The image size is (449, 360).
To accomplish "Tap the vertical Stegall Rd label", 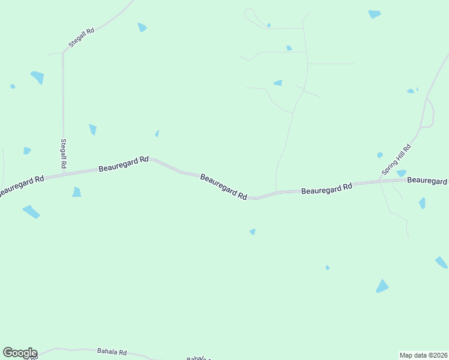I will pyautogui.click(x=63, y=153).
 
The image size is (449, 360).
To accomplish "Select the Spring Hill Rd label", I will pyautogui.click(x=397, y=159).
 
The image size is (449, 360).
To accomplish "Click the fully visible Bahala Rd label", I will pyautogui.click(x=112, y=352).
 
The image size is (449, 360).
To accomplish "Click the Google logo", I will pyautogui.click(x=20, y=353).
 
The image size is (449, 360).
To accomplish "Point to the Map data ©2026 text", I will pyautogui.click(x=423, y=355).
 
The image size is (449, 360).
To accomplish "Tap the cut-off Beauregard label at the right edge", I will pyautogui.click(x=427, y=180).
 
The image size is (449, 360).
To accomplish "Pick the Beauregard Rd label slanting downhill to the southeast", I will pyautogui.click(x=223, y=187).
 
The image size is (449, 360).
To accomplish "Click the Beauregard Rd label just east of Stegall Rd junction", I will pyautogui.click(x=123, y=163).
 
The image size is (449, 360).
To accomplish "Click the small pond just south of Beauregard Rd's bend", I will pyautogui.click(x=253, y=232).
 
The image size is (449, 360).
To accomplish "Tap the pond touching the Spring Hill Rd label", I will pyautogui.click(x=401, y=173).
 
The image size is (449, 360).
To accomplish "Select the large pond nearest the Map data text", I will pyautogui.click(x=382, y=286).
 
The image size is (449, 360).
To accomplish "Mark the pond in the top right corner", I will pyautogui.click(x=375, y=14).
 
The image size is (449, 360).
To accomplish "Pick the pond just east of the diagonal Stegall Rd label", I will pyautogui.click(x=142, y=27).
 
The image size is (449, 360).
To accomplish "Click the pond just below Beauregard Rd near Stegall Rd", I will pyautogui.click(x=76, y=192).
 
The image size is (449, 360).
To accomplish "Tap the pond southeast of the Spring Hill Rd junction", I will pyautogui.click(x=423, y=203).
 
